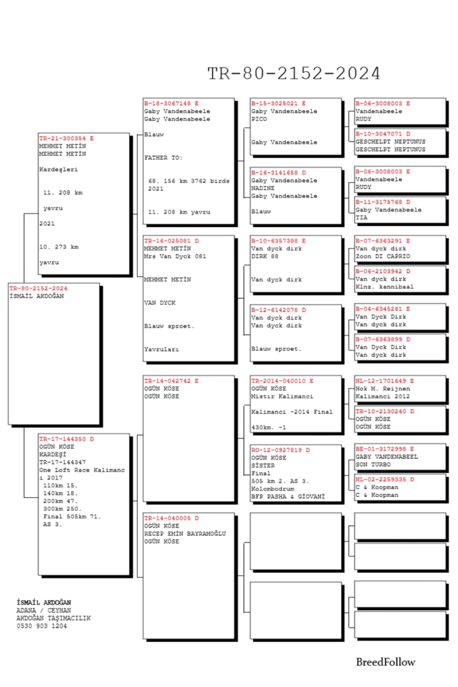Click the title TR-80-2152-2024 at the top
pos(294,73)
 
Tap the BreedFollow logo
pos(385,662)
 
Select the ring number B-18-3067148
pos(167,103)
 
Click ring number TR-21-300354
pos(63,138)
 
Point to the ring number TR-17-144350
pos(63,439)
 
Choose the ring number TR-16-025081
pos(167,241)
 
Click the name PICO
pos(259,119)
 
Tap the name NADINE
pos(263,188)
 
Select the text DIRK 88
pos(264,256)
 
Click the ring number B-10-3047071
pos(379,134)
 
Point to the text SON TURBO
pos(373,465)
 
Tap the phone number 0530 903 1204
pos(42,626)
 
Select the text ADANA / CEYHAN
pos(44,610)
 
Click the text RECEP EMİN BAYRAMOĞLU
pos(185,534)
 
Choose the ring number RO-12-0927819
pos(276,450)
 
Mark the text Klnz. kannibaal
pos(384,287)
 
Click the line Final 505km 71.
pos(72,517)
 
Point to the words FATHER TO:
pos(163,158)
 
